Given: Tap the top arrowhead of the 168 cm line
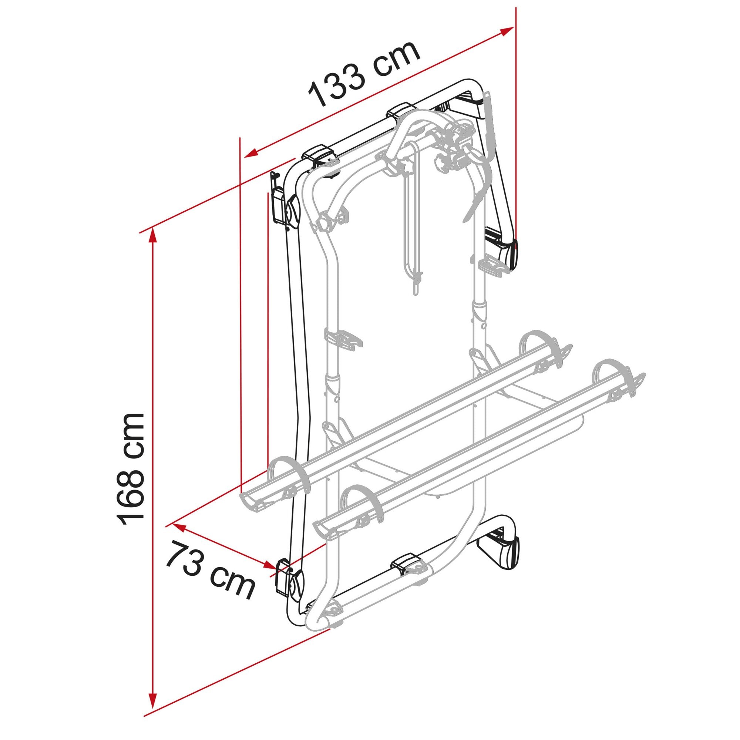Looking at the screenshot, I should pos(153,235).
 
